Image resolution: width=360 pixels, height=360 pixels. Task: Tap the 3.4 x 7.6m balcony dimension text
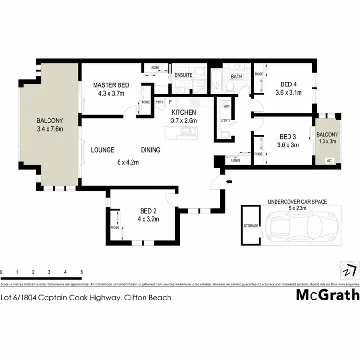click(x=50, y=129)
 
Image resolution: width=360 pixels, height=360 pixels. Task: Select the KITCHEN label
click(x=183, y=112)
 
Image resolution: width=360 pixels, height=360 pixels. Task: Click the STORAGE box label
click(x=251, y=226)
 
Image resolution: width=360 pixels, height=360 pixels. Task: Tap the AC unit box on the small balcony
click(x=329, y=161)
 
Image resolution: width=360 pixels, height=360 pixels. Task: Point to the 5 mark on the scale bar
click(x=82, y=273)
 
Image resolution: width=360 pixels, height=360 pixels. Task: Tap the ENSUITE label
click(x=183, y=75)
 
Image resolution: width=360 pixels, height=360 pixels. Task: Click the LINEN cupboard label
click(x=235, y=160)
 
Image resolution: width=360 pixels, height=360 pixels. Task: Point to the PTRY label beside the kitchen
click(x=159, y=102)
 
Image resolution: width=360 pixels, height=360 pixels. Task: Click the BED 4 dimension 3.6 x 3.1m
click(x=288, y=93)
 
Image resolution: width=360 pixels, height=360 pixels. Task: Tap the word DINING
click(x=150, y=150)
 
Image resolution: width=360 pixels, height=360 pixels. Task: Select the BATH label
click(x=236, y=77)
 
